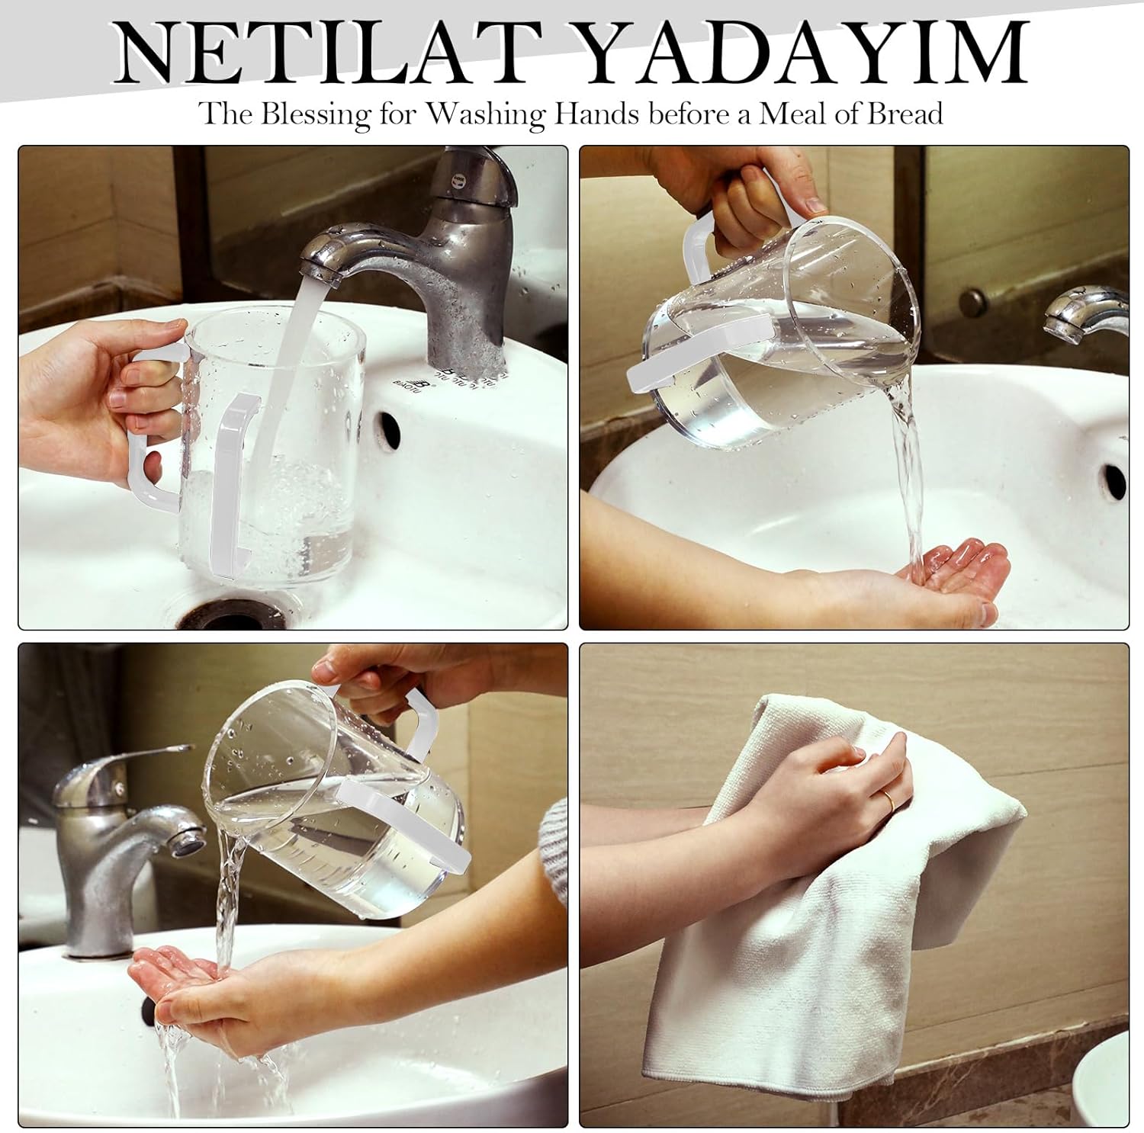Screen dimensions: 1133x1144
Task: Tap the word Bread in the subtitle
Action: (x=904, y=114)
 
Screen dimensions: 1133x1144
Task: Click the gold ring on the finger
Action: (x=889, y=799)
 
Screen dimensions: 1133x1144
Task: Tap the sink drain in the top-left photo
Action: (x=221, y=615)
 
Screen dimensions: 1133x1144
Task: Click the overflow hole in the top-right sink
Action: (x=1114, y=481)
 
